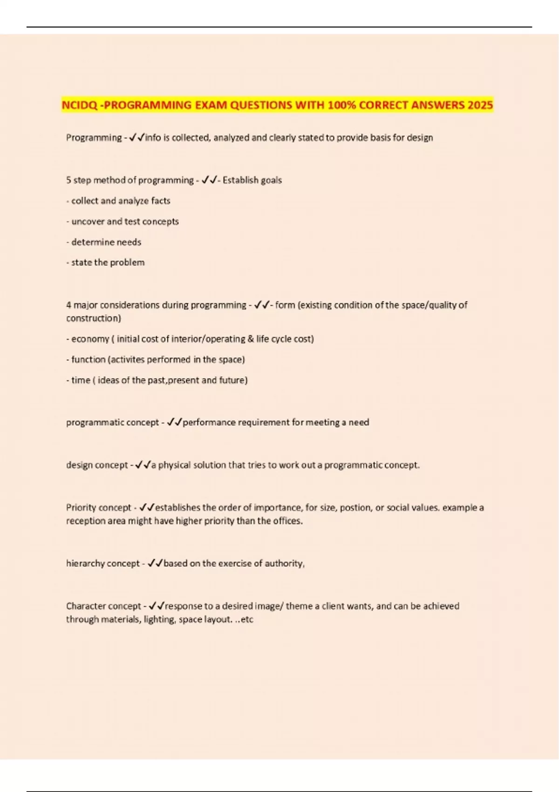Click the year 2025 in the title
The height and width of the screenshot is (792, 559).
coord(480,105)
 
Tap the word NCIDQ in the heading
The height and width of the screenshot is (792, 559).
coord(79,105)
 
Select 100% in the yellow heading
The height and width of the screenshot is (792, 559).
coord(342,105)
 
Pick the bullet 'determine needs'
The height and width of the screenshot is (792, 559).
coord(104,242)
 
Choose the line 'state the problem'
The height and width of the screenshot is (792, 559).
coord(106,262)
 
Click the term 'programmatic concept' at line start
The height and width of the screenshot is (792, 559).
coord(112,423)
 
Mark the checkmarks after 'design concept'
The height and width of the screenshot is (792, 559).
coord(143,465)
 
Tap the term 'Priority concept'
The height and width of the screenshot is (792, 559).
coord(99,507)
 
